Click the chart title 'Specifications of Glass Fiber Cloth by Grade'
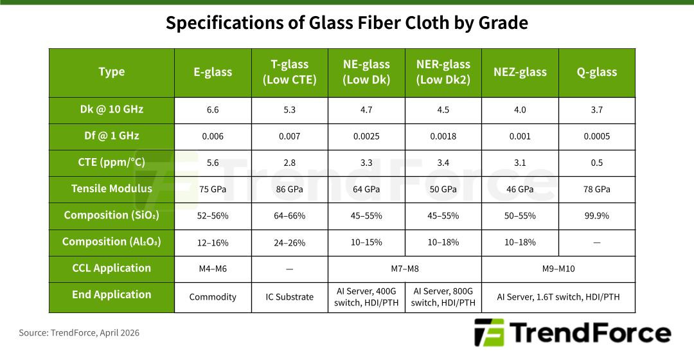[x=347, y=23]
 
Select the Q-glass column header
[x=596, y=72]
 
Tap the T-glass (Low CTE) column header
[x=289, y=72]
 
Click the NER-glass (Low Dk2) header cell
[x=443, y=72]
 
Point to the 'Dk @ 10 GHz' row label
[x=112, y=110]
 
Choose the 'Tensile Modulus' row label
[x=112, y=189]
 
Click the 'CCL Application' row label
[x=112, y=268]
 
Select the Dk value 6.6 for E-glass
[x=213, y=110]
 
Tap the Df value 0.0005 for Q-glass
[x=596, y=136]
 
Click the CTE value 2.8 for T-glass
[x=289, y=163]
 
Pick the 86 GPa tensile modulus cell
[x=289, y=189]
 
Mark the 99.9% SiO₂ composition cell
[x=596, y=215]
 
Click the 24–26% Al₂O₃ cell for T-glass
[x=289, y=242]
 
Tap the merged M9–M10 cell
[x=558, y=269]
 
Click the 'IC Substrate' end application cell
[x=289, y=297]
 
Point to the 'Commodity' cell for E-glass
[x=213, y=297]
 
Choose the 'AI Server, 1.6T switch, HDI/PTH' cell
[x=558, y=297]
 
